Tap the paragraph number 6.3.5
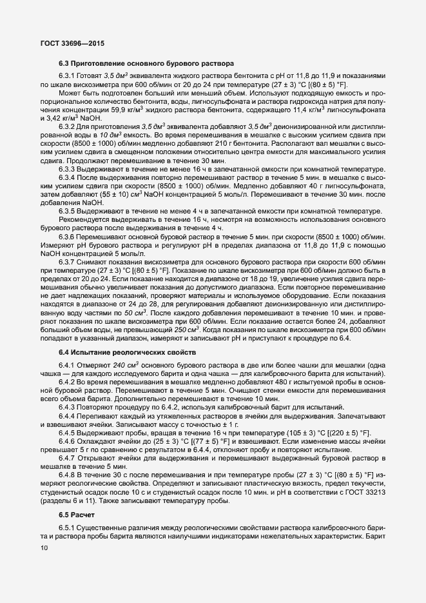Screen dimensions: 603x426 pyautogui.click(x=70, y=212)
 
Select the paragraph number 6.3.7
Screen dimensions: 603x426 pyautogui.click(x=70, y=264)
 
